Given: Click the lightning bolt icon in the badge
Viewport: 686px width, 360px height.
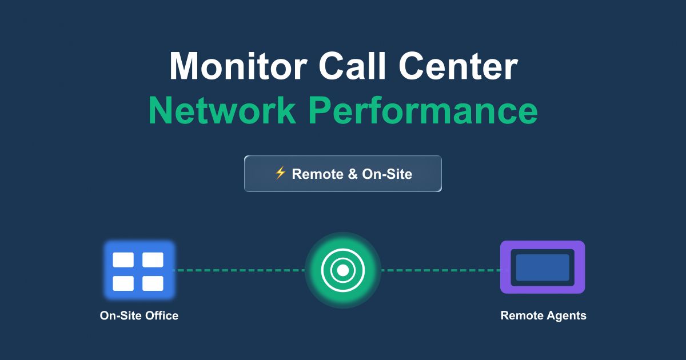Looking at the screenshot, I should tap(280, 173).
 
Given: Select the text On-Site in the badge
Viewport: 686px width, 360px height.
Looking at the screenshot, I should tap(387, 174).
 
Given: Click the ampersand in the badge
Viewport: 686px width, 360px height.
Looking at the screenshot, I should tap(352, 174).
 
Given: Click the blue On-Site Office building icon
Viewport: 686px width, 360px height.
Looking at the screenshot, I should tap(138, 270).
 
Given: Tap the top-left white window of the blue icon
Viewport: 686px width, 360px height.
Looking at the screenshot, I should tap(123, 260).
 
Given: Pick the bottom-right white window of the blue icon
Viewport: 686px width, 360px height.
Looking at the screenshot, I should tap(153, 283).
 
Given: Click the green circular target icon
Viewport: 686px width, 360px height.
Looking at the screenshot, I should tap(342, 270).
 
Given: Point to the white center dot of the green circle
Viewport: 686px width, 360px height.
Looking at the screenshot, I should tap(342, 270).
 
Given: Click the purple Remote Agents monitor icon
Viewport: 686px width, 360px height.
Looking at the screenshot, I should tap(542, 267).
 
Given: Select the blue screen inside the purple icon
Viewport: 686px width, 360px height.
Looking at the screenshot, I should tap(542, 267).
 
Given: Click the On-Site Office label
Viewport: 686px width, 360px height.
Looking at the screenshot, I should tap(139, 315).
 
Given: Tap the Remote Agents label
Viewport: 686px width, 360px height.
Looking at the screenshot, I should tap(543, 315).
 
